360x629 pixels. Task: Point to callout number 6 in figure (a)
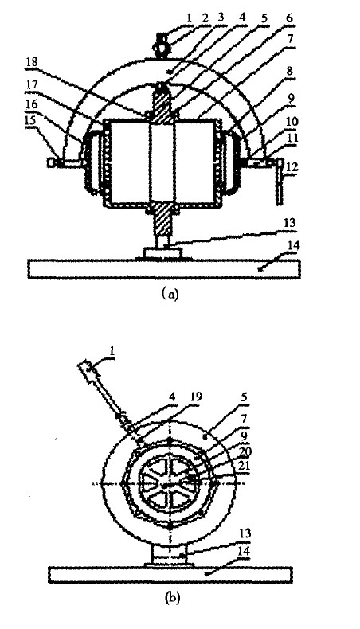[x=290, y=18]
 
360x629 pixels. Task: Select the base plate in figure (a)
[x=164, y=269]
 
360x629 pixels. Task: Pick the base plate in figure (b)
[x=170, y=574]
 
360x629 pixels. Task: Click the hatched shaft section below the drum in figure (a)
[x=162, y=221]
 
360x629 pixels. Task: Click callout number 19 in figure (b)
[x=196, y=397]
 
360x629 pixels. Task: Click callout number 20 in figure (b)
[x=256, y=452]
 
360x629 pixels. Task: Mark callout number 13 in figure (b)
[x=245, y=533]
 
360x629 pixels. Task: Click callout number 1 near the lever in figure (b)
[x=112, y=350]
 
